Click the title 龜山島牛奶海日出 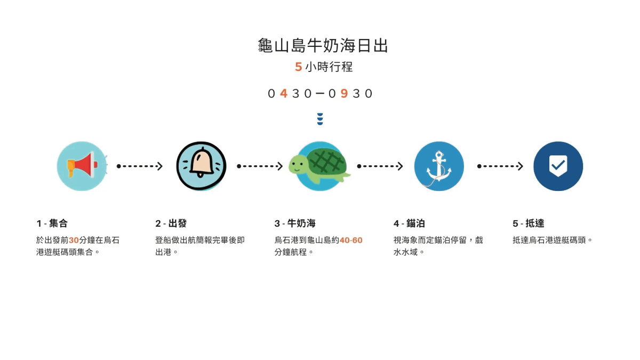pyautogui.click(x=323, y=45)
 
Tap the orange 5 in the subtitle pyautogui.click(x=298, y=67)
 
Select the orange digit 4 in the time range pyautogui.click(x=283, y=93)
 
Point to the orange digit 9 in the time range pyautogui.click(x=344, y=93)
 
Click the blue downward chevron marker pyautogui.click(x=320, y=119)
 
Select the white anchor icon pyautogui.click(x=439, y=166)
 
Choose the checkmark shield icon pyautogui.click(x=558, y=166)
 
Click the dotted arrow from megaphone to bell pyautogui.click(x=139, y=166)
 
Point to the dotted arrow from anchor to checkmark pyautogui.click(x=500, y=166)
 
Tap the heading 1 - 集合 pyautogui.click(x=52, y=223)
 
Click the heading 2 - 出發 pyautogui.click(x=171, y=223)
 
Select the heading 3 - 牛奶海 pyautogui.click(x=295, y=223)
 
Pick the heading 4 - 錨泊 pyautogui.click(x=409, y=223)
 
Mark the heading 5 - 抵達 pyautogui.click(x=529, y=223)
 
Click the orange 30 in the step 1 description pyautogui.click(x=74, y=240)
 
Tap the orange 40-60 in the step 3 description pyautogui.click(x=351, y=240)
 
